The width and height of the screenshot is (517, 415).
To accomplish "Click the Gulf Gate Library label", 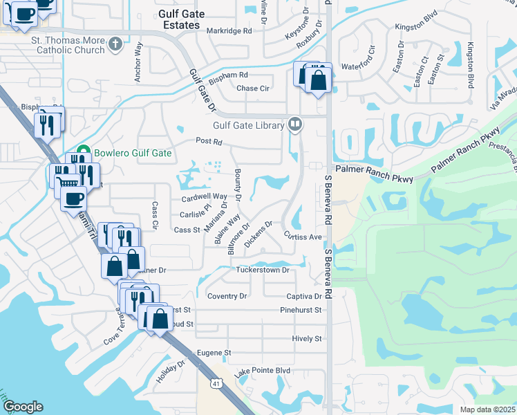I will point(249,125).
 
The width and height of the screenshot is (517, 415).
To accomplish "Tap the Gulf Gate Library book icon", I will point(296,124).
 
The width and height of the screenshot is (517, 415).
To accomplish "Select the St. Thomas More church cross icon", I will point(115,45).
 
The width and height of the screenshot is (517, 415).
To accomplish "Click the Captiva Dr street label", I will point(304,297).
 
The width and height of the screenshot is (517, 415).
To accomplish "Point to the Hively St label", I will point(307,339).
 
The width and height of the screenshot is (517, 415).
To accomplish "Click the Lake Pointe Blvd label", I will point(262,371).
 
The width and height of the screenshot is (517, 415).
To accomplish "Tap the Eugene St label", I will point(213,353).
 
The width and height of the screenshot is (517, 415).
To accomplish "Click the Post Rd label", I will point(208,142).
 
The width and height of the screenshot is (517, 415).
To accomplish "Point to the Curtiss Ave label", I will point(304,237).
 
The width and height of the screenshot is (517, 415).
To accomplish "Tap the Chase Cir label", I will point(252,89).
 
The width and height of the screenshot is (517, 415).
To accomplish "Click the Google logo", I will point(23,407).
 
